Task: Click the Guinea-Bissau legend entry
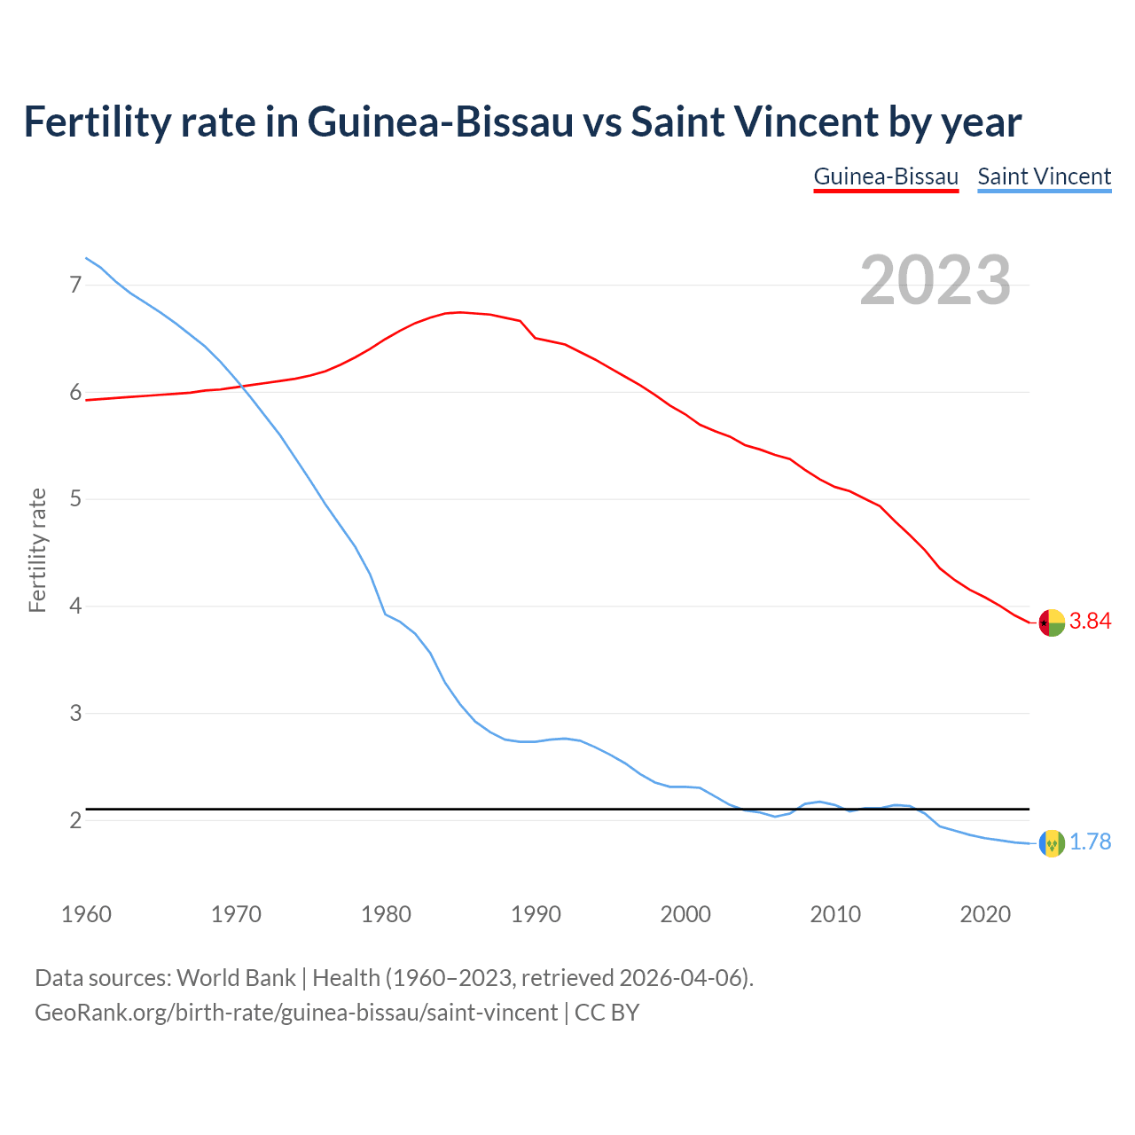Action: (886, 176)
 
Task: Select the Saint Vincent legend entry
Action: (1044, 176)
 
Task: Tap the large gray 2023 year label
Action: (935, 280)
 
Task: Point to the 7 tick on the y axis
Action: (75, 285)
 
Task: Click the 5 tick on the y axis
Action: (75, 499)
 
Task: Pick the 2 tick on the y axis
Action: (75, 821)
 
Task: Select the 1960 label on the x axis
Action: (86, 914)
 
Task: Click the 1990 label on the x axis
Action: (536, 914)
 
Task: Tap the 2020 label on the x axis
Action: (985, 914)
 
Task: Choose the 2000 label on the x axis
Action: (685, 914)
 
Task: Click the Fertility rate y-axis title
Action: (37, 550)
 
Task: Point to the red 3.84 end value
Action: (1090, 622)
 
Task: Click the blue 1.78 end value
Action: (1090, 842)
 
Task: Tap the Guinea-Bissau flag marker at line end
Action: (1052, 623)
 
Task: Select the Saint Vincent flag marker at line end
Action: (1052, 843)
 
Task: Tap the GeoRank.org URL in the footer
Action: (296, 1012)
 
